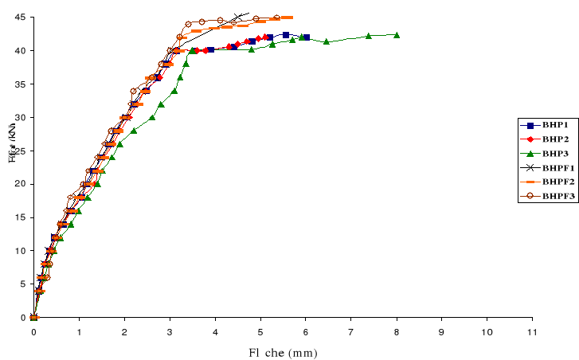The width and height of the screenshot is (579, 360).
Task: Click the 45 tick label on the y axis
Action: (x=18, y=18)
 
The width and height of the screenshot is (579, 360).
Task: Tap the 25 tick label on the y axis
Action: (x=18, y=151)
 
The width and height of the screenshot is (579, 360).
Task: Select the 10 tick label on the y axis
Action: (x=18, y=251)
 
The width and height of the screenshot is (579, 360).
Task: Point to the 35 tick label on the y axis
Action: (x=18, y=84)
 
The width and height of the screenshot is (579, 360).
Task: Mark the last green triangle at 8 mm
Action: (x=397, y=35)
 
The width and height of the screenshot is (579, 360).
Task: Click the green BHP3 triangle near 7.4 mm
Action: (x=369, y=36)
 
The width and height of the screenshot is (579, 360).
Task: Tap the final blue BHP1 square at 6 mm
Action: (x=307, y=37)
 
